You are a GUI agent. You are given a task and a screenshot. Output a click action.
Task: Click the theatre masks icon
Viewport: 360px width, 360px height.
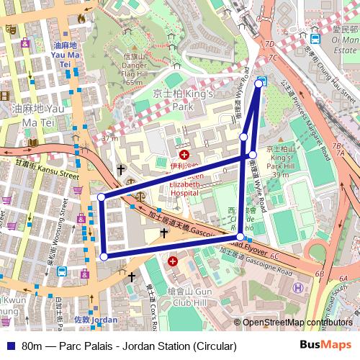tap(10, 29)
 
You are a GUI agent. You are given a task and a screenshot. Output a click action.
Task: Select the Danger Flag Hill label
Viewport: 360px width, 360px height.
tap(134, 68)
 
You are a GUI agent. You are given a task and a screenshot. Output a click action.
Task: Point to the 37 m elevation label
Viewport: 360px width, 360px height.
tap(109, 138)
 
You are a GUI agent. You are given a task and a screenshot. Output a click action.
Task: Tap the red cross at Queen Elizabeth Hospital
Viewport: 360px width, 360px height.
tap(184, 155)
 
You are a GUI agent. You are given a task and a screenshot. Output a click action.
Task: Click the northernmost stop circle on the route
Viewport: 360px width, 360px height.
tap(259, 84)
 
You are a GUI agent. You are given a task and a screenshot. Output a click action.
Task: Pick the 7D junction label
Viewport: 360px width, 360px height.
tap(271, 56)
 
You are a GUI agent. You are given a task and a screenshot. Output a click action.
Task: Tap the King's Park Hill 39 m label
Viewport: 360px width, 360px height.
tap(281, 162)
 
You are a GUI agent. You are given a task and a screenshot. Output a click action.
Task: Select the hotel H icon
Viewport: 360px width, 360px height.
tap(297, 287)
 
